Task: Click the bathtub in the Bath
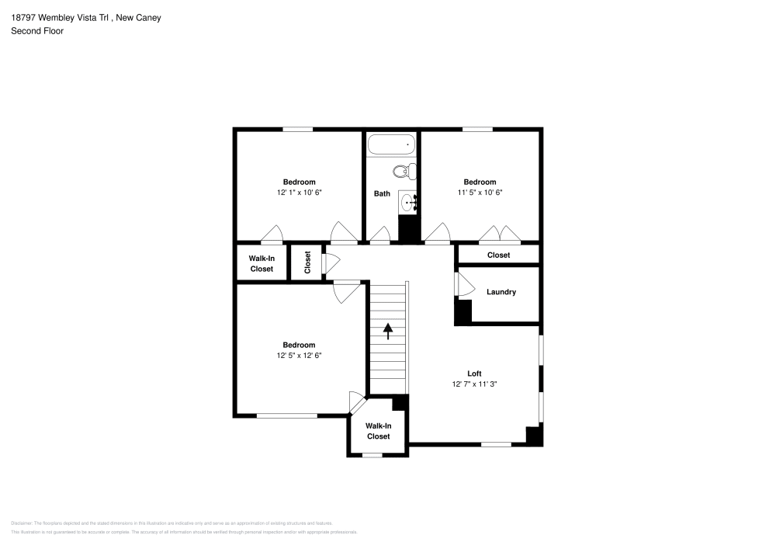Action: point(392,144)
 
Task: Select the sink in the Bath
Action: point(409,203)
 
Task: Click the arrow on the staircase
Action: point(387,332)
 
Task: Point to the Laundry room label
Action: point(501,292)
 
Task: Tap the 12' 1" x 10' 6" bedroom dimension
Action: point(299,192)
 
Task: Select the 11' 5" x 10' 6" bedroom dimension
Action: point(480,192)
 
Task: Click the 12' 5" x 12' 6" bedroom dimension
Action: point(299,356)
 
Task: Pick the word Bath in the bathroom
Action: point(382,193)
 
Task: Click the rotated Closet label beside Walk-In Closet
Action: point(307,262)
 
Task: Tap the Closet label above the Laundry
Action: point(498,255)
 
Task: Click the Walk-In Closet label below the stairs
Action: point(378,431)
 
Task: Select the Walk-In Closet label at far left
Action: point(262,263)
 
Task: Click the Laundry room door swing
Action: point(463,285)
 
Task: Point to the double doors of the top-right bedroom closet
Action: point(499,234)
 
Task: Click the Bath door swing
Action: point(380,235)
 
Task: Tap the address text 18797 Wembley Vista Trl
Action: point(59,17)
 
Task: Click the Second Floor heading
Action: point(37,31)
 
